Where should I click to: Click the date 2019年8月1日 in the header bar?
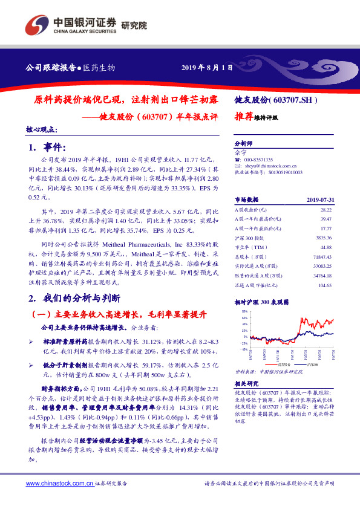tap(207, 67)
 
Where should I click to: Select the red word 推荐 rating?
tap(244, 117)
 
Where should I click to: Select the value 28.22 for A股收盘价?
tap(326, 208)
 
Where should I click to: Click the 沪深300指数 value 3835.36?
tap(324, 238)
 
